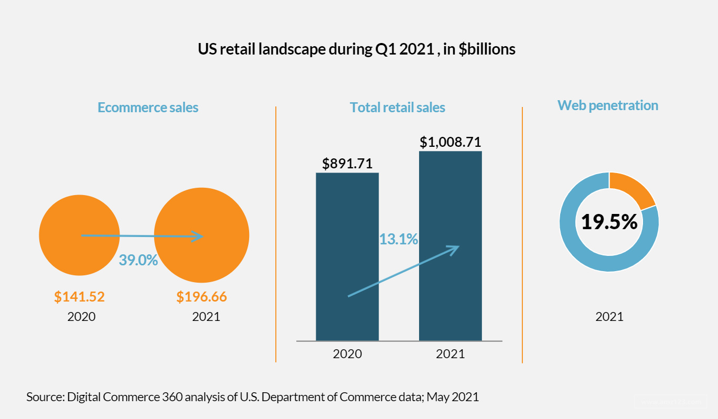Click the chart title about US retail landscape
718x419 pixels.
tap(356, 49)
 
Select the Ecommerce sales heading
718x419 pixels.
tap(148, 108)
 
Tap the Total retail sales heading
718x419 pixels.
tap(398, 108)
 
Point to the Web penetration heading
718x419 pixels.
tap(608, 105)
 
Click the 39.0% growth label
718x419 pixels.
tap(138, 260)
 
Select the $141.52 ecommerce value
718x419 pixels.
tap(80, 297)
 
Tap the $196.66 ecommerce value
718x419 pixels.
tap(201, 297)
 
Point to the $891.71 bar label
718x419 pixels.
tap(347, 163)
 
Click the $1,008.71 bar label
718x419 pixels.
tap(451, 142)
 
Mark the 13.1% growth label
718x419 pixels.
tap(399, 240)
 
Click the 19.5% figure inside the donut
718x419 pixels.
tap(609, 222)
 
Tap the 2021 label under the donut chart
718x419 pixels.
tap(609, 317)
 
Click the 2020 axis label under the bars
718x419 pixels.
tap(347, 354)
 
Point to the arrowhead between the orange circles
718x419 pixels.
tap(198, 237)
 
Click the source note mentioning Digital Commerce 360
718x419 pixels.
tap(252, 397)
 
